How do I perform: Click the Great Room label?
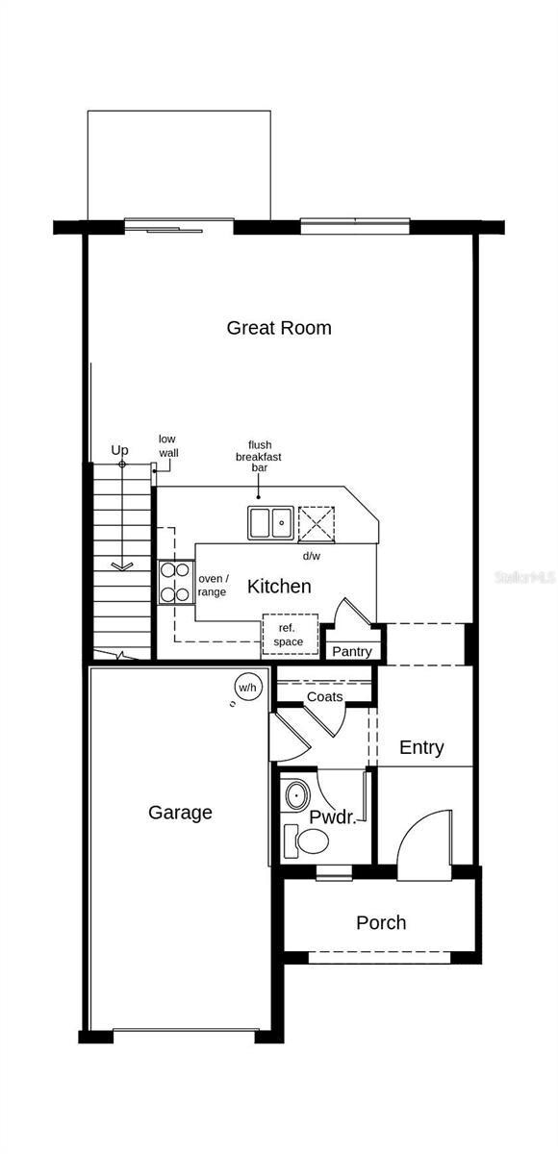[x=279, y=328]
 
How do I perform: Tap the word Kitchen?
[x=279, y=587]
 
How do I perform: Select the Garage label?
[x=180, y=813]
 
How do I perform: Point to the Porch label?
[x=381, y=922]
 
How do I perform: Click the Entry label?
[x=421, y=747]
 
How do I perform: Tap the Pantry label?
[x=352, y=652]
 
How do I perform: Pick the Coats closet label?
[x=324, y=696]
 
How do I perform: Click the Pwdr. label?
[x=332, y=817]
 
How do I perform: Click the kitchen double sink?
[x=271, y=523]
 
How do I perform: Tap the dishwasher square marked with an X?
[x=317, y=524]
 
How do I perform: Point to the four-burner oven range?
[x=175, y=583]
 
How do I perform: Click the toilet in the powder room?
[x=307, y=841]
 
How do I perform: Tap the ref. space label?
[x=288, y=635]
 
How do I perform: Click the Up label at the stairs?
[x=119, y=450]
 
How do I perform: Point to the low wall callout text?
[x=168, y=446]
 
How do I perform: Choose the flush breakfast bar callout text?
[x=259, y=457]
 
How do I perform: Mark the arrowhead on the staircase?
[x=122, y=566]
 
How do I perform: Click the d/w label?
[x=311, y=556]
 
